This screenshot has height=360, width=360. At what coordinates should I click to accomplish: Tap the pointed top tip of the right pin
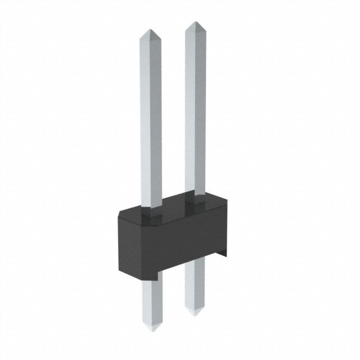(x=194, y=23)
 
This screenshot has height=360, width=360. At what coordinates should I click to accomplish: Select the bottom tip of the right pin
(x=195, y=314)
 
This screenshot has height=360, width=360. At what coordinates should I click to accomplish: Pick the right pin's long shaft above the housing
(x=194, y=112)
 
